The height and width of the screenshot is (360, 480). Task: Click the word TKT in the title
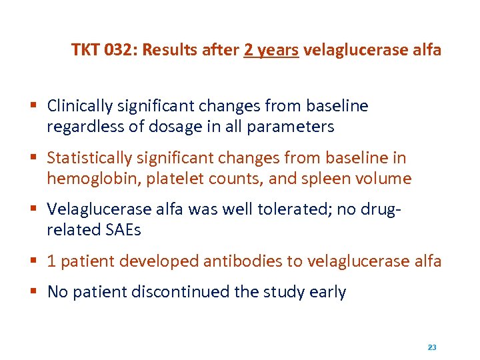(85, 50)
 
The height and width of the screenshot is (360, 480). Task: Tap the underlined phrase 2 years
(271, 50)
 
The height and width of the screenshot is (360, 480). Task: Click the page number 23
(431, 347)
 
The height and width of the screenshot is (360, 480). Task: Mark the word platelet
(164, 179)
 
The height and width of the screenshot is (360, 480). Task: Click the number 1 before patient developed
(51, 261)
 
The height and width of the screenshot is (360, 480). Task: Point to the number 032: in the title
(117, 50)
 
